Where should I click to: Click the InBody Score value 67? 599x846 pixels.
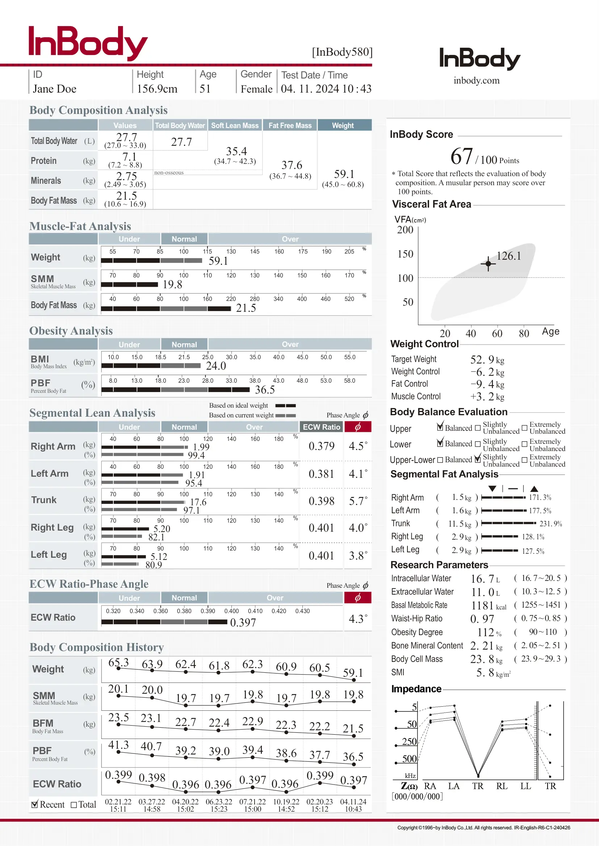coord(461,156)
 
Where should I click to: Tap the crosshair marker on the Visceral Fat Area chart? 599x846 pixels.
coord(488,263)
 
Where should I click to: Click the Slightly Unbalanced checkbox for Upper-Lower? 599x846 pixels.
coord(478,459)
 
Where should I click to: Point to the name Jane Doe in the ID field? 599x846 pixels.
coord(55,89)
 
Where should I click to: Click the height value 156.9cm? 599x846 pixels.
coord(157,89)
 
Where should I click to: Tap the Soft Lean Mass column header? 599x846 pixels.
coord(235,125)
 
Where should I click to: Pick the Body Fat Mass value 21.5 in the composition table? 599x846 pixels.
coord(126,196)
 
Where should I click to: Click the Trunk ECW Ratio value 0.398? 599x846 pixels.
coord(321,501)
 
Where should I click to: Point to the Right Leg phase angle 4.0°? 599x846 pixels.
coord(358,528)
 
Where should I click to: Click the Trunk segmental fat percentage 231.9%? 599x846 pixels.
coord(551,524)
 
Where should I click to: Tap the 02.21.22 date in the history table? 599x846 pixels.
coord(118,802)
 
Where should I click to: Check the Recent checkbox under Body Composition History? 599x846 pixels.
coord(35,804)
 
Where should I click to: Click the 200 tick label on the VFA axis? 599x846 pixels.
coord(405,230)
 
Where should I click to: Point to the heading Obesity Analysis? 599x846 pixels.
coord(71,331)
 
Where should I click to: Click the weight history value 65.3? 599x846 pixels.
coord(118,663)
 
